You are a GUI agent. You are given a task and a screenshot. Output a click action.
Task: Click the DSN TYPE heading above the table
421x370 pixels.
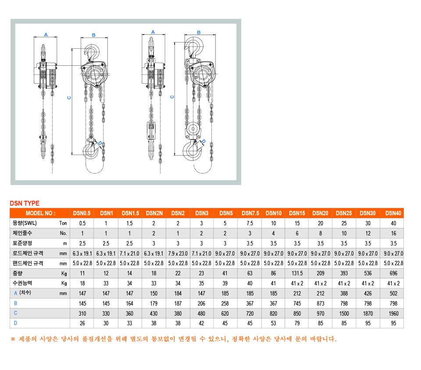pyautogui.click(x=25, y=203)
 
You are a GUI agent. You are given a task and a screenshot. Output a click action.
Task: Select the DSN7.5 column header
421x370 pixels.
pyautogui.click(x=250, y=213)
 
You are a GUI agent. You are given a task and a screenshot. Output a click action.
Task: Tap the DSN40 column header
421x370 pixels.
pyautogui.click(x=393, y=213)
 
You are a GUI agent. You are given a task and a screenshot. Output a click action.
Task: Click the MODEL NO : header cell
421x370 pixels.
pyautogui.click(x=40, y=213)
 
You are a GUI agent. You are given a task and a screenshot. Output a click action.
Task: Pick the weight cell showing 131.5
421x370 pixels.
pyautogui.click(x=297, y=274)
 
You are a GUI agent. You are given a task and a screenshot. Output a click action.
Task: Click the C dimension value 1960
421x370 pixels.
pyautogui.click(x=393, y=313)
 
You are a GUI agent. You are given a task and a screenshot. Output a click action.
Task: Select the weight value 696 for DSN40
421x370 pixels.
pyautogui.click(x=393, y=274)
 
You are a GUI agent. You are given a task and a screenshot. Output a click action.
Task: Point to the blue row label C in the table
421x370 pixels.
pyautogui.click(x=16, y=313)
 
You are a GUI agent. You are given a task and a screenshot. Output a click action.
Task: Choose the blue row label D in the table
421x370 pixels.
pyautogui.click(x=16, y=323)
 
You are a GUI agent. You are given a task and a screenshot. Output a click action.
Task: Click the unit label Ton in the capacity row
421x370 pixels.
pyautogui.click(x=63, y=223)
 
